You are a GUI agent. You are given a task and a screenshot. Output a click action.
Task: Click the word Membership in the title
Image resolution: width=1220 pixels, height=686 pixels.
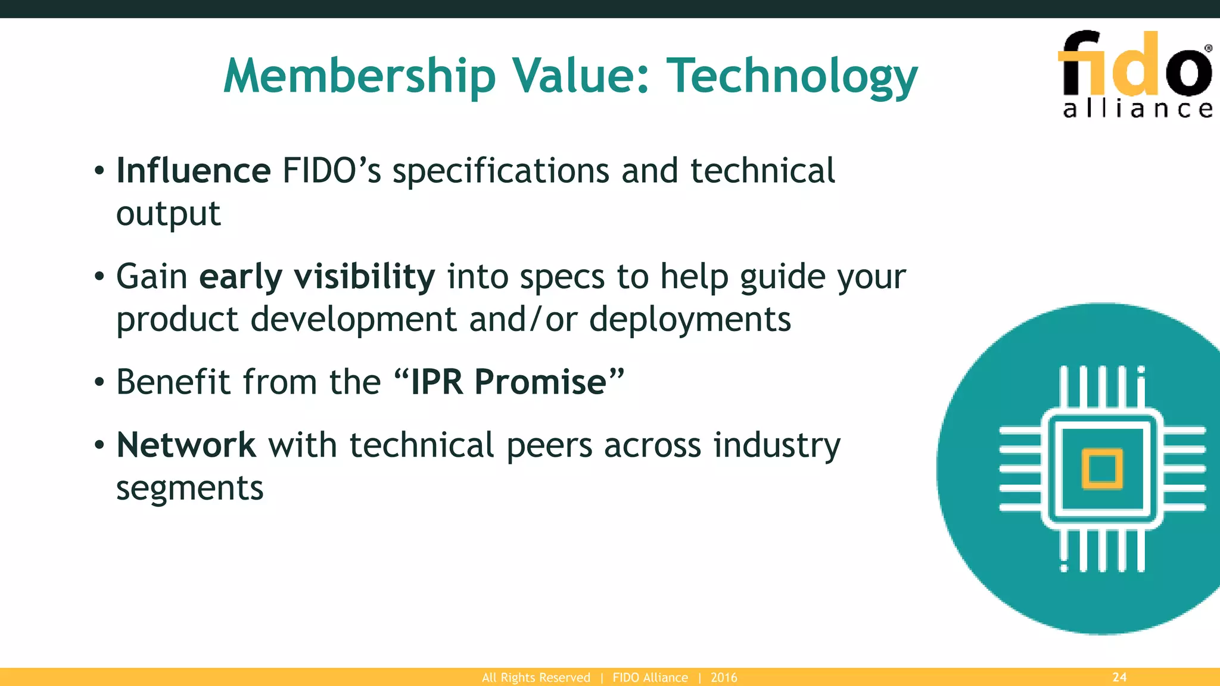click(359, 76)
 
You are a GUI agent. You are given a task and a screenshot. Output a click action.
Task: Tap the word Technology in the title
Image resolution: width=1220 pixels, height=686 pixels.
click(792, 76)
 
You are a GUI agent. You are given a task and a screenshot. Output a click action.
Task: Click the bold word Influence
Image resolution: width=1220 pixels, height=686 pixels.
click(194, 171)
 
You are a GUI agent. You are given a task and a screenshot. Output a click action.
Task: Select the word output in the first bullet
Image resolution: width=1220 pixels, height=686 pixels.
click(168, 214)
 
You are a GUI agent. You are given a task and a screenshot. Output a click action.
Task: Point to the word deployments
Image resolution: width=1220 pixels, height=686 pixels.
click(690, 320)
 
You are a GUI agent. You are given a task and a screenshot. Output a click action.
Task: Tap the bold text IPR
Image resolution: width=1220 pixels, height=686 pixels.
click(437, 382)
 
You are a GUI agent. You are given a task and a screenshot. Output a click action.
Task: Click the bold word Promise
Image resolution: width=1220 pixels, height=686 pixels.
click(540, 382)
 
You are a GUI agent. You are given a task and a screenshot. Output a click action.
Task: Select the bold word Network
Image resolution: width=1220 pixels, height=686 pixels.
click(186, 445)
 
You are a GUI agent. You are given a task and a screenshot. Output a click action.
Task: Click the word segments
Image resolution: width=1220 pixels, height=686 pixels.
click(189, 489)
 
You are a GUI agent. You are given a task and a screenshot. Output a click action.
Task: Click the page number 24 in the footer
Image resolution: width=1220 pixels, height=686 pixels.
click(1119, 677)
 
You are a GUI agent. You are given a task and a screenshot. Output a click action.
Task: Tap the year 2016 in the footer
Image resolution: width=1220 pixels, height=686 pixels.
click(724, 678)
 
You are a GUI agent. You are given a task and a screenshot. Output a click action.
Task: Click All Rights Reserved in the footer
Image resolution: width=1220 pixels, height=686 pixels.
click(536, 678)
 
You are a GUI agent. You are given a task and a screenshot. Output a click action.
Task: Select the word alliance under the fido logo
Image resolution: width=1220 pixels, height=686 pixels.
click(1137, 109)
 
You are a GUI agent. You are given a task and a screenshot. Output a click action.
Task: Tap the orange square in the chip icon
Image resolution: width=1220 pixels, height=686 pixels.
click(1102, 469)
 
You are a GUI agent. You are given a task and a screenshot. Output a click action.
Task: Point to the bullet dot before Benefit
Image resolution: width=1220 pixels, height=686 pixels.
click(99, 383)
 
